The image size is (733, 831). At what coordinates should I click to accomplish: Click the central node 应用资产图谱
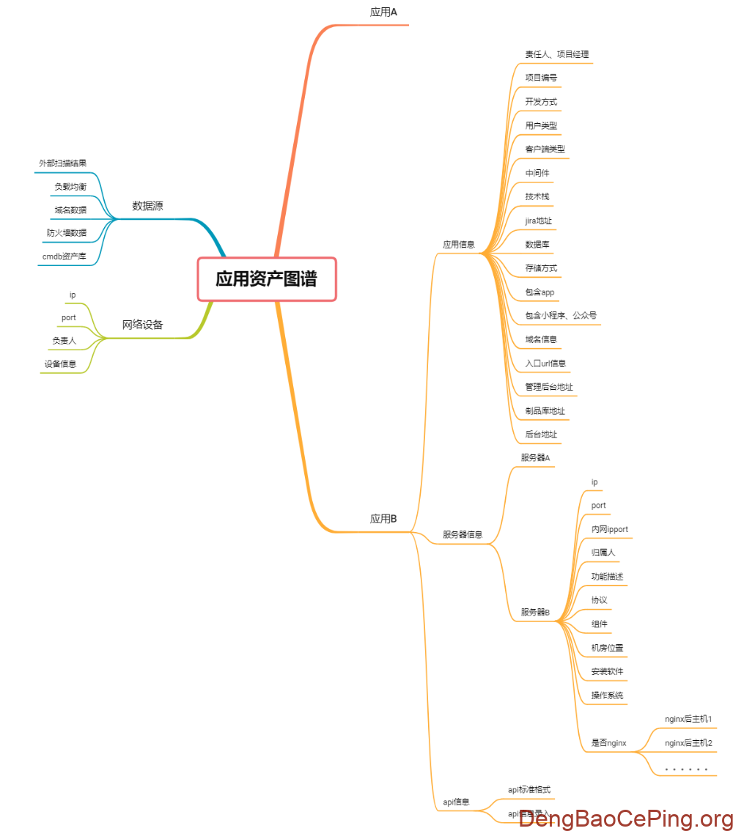tap(266, 279)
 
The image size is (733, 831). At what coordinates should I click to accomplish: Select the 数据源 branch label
tap(147, 206)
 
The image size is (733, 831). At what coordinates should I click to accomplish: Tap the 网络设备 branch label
tap(142, 325)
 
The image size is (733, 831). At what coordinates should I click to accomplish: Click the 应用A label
tap(383, 12)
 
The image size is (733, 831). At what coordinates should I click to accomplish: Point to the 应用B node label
tap(383, 519)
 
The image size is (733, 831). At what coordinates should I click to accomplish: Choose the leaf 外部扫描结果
tap(62, 163)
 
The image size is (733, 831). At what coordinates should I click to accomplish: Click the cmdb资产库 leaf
tap(64, 256)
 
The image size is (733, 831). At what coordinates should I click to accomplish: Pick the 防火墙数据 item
tap(66, 233)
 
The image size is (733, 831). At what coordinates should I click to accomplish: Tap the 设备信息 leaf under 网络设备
tap(59, 363)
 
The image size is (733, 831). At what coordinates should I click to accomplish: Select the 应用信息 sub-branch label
tap(458, 245)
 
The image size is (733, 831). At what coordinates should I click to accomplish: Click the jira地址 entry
tap(538, 221)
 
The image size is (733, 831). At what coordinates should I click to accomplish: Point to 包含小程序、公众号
tap(561, 316)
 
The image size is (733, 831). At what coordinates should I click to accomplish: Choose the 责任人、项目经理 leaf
tap(556, 54)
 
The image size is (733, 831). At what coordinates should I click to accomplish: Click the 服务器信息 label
tap(463, 535)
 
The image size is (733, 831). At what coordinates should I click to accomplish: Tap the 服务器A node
tap(535, 458)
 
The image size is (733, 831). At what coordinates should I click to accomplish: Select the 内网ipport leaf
tap(609, 529)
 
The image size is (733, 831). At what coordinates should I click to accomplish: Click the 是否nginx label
tap(608, 743)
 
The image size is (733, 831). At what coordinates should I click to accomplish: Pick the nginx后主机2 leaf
tap(688, 743)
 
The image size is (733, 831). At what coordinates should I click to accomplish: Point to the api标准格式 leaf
tap(528, 790)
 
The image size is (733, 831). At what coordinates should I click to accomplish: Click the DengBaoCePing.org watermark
tap(625, 819)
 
